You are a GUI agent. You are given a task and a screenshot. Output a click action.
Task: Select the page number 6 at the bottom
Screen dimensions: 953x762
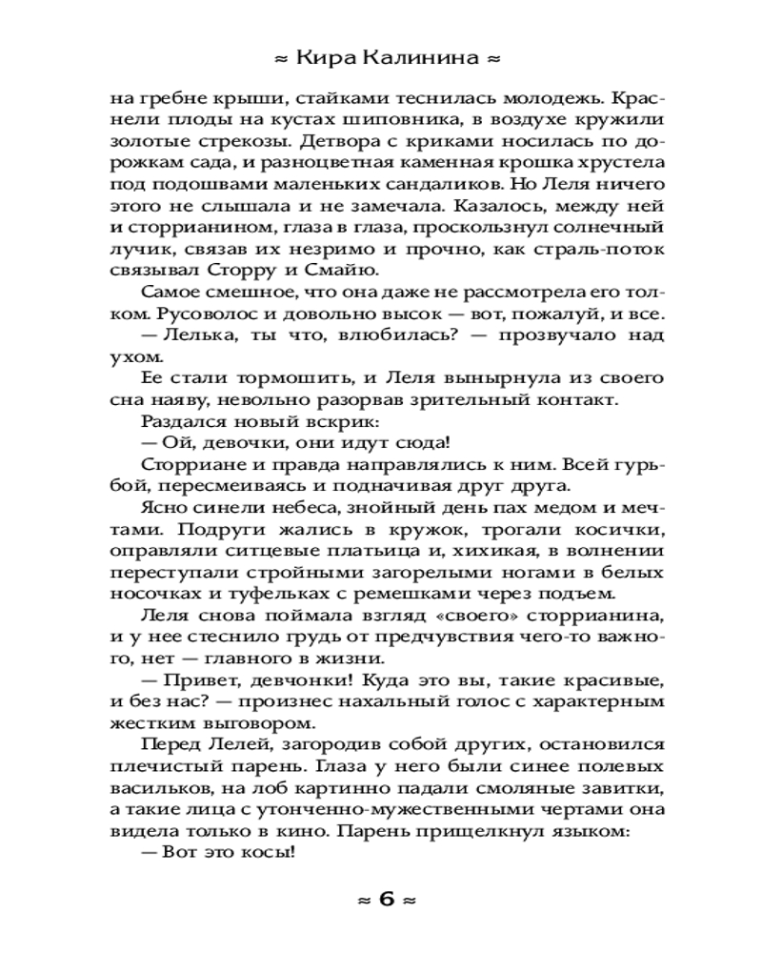pyautogui.click(x=386, y=899)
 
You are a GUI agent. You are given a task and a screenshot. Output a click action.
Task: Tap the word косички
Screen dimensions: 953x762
pyautogui.click(x=612, y=532)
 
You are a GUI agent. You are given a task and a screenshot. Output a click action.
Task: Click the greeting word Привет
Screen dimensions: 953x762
pyautogui.click(x=196, y=682)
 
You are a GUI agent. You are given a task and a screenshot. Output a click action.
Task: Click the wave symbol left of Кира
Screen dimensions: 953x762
pyautogui.click(x=280, y=59)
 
